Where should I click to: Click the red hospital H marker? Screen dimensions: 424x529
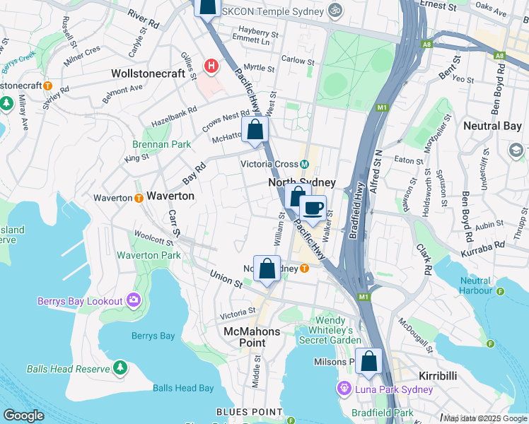210,66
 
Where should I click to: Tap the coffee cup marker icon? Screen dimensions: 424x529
313,208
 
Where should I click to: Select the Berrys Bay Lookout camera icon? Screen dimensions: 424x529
132,301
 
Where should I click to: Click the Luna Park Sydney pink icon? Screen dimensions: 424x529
344,389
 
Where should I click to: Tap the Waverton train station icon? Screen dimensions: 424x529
138,198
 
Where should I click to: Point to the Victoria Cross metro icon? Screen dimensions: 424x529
304,164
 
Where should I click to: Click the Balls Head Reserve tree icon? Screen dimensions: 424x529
120,368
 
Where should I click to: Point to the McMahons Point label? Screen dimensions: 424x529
252,336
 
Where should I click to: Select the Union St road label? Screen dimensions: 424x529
227,278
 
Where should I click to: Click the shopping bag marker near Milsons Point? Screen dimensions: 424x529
369,361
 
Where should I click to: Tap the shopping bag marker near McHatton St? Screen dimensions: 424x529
255,130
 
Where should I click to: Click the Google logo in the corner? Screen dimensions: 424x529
24,415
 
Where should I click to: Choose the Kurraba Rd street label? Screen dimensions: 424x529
485,245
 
